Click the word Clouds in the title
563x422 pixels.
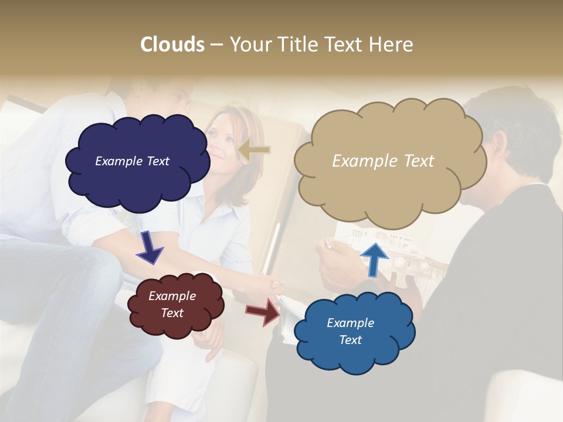172,45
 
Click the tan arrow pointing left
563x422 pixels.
255,150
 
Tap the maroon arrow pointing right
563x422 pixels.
264,311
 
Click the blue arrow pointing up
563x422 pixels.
374,258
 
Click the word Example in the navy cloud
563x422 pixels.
119,161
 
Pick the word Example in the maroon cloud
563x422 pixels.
172,296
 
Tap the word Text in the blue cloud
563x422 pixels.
350,340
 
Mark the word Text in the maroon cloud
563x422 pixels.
172,313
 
